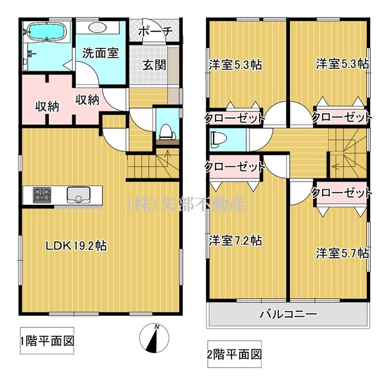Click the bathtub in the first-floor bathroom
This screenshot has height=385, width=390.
click(x=47, y=31)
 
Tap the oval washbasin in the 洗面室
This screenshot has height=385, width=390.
click(x=97, y=27)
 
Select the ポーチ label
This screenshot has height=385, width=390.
click(x=155, y=31)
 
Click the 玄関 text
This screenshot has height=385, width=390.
click(x=154, y=65)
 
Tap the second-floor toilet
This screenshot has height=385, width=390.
click(x=219, y=139)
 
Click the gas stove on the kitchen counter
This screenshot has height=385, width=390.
click(x=42, y=195)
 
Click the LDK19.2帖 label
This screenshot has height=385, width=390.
click(x=76, y=246)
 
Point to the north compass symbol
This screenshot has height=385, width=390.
click(x=154, y=338)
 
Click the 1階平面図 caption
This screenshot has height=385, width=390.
click(x=47, y=341)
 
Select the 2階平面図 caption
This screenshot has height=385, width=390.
click(x=234, y=354)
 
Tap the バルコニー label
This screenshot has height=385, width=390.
click(x=288, y=314)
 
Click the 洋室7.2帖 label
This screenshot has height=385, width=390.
click(x=235, y=241)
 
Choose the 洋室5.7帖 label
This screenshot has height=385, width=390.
click(x=343, y=253)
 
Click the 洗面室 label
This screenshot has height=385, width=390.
click(x=101, y=53)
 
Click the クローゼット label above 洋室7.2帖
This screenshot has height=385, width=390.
click(x=234, y=167)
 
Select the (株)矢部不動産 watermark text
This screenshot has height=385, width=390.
click(x=187, y=205)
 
